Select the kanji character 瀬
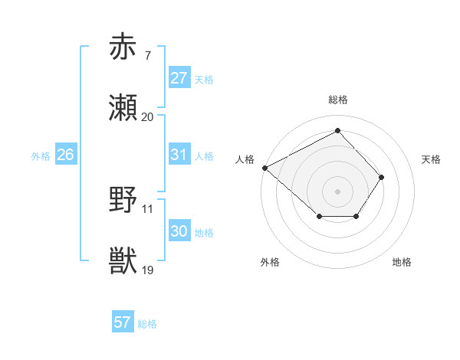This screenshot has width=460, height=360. [x=123, y=109]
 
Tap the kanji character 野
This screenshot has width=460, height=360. [x=123, y=201]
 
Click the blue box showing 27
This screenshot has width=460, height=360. [x=179, y=78]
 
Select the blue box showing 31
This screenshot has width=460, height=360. [x=179, y=155]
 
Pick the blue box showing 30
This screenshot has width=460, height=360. [x=179, y=231]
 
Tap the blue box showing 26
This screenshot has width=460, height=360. [x=65, y=155]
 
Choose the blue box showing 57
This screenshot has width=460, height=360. [x=122, y=322]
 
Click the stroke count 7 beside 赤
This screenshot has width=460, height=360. [x=146, y=56]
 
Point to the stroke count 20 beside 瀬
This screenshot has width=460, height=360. [x=147, y=117]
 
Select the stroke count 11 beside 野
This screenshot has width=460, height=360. [x=147, y=208]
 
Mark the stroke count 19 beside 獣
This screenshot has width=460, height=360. [x=147, y=270]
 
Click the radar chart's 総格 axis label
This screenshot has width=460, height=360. [x=338, y=100]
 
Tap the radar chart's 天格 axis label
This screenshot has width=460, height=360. [x=431, y=159]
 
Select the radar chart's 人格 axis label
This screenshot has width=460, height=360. [x=245, y=159]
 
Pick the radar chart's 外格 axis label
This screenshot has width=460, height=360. [x=269, y=262]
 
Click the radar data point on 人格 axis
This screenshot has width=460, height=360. [x=264, y=168]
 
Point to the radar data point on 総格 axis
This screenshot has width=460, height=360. [x=337, y=131]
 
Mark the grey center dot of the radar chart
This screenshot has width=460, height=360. [x=337, y=191]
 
